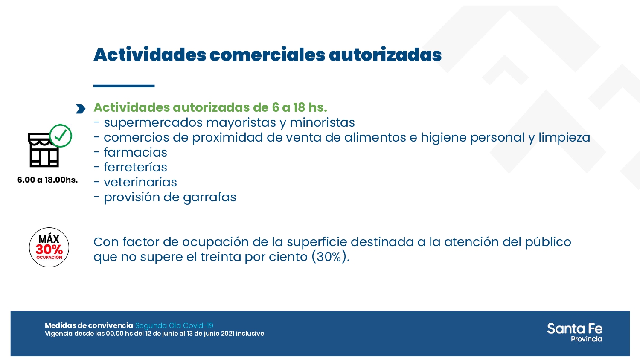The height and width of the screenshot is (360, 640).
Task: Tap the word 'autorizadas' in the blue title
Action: [x=385, y=55]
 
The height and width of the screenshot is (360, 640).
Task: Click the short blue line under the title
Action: [x=124, y=86]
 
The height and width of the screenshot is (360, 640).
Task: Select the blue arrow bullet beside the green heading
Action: [x=80, y=109]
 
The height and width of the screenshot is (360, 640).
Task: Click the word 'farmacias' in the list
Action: [x=135, y=152]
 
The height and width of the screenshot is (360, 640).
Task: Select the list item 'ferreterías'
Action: [x=135, y=167]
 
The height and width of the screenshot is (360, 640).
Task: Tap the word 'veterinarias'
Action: [x=140, y=182]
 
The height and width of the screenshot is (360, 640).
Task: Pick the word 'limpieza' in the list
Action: [x=564, y=137]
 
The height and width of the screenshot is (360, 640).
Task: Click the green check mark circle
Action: [x=61, y=136]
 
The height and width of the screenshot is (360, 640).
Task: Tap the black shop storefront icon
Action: [x=43, y=151]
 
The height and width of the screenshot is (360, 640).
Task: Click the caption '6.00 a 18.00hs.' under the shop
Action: [x=47, y=180]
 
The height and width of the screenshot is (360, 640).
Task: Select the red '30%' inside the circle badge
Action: [x=49, y=249]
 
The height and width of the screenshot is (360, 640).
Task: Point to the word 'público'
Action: [x=548, y=242]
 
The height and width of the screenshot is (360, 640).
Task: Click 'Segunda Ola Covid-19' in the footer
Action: [x=174, y=326]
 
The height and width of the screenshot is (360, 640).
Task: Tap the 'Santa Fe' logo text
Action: [x=574, y=329]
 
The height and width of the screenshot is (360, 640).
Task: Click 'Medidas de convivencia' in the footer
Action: [x=89, y=326]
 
